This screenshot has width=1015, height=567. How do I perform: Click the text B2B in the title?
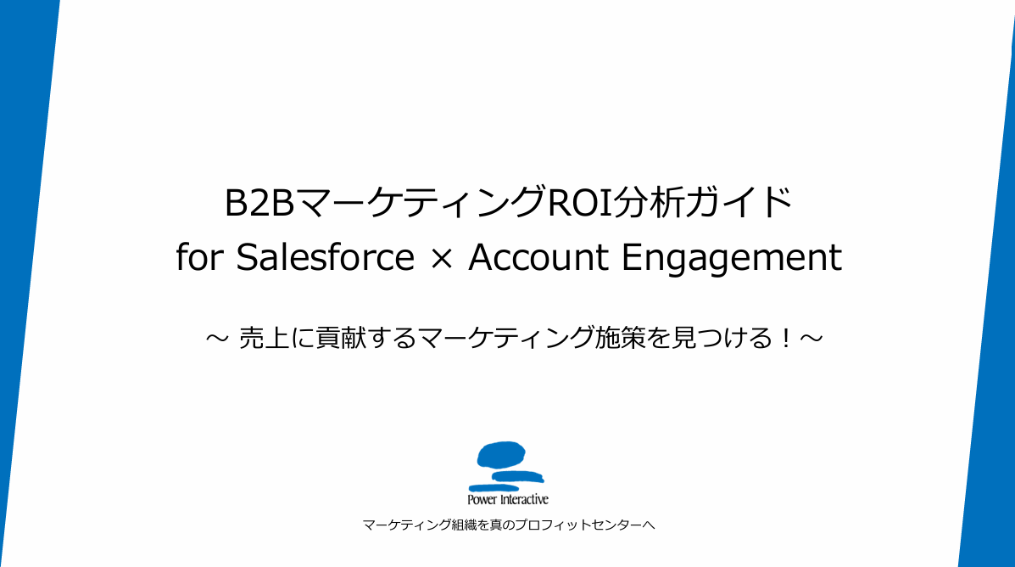(259, 203)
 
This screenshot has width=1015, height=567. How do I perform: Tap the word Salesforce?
(325, 257)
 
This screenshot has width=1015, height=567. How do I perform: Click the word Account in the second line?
(538, 257)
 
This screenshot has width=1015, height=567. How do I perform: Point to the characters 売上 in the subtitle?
(265, 339)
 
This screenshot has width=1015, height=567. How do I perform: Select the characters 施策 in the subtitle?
(620, 339)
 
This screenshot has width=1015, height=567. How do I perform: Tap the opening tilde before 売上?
(217, 339)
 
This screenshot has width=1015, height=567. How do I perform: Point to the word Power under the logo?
(482, 500)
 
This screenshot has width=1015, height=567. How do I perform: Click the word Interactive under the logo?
(524, 499)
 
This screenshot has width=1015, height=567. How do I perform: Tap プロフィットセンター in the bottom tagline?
(578, 525)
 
